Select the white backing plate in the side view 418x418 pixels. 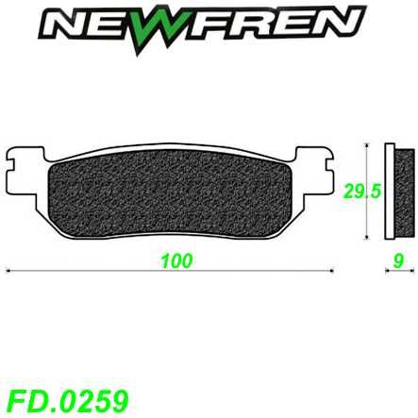(390, 193)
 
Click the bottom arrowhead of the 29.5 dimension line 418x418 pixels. (367, 237)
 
